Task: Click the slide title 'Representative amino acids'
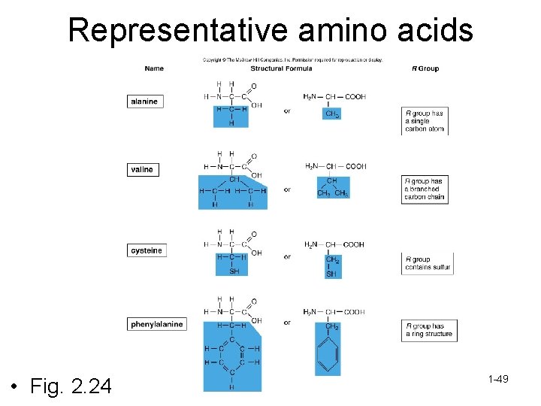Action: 270,30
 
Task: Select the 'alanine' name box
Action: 144,101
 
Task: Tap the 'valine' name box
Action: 142,170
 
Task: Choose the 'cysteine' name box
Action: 146,250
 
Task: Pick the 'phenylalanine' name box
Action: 156,325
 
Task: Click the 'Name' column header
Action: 154,68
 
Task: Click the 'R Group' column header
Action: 425,68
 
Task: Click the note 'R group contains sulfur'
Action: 428,263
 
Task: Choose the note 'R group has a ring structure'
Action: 429,329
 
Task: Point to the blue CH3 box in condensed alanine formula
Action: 332,114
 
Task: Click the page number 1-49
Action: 498,379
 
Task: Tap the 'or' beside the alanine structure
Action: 287,111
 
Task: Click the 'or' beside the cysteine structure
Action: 287,257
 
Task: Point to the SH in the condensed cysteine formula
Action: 331,274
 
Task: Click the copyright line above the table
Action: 292,59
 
